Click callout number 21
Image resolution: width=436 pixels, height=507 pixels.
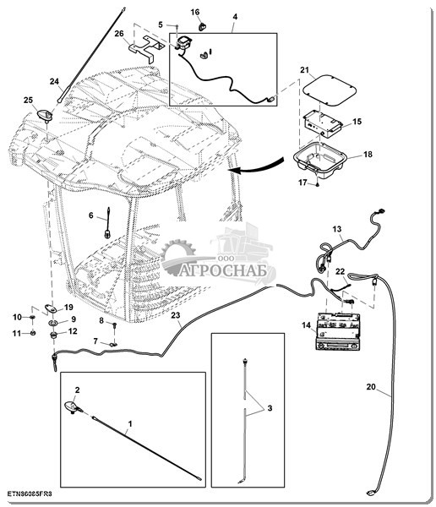304,70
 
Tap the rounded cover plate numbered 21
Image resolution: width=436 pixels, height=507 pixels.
330,90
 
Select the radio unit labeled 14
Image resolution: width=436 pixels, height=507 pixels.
338,331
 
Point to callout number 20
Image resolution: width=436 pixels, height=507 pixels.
371,386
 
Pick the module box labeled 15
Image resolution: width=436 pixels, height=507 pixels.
322,123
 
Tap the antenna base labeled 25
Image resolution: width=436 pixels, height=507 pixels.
46,116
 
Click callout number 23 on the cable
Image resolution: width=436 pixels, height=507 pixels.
175,315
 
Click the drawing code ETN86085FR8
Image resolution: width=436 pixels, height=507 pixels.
30,493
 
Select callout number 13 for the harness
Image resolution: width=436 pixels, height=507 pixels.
337,229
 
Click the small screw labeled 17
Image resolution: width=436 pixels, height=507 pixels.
318,184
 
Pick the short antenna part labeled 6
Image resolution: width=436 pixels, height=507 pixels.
107,223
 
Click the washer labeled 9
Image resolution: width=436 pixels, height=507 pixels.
52,323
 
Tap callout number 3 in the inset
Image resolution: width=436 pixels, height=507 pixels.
270,408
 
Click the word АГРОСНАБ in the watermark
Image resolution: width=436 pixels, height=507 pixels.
223,270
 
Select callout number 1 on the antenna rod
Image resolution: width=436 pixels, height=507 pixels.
130,423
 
